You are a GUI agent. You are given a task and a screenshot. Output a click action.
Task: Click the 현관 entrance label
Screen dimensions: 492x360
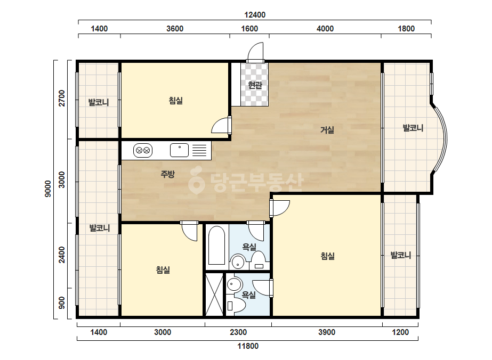[255, 85]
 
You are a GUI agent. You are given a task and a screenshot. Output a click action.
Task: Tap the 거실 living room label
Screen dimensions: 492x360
[327, 129]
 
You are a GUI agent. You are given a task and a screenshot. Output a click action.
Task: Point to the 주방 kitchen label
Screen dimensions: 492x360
[167, 174]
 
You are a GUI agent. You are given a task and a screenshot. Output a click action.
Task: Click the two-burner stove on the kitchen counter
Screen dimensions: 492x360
[143, 151]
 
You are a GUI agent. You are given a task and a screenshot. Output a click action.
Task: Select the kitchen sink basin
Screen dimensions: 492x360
[179, 150]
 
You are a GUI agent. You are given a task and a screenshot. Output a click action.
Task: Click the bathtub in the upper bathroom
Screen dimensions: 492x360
[216, 245]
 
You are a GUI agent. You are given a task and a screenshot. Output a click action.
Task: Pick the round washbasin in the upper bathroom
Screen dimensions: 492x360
[237, 262]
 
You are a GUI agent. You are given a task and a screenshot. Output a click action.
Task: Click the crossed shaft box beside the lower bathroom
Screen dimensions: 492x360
[214, 294]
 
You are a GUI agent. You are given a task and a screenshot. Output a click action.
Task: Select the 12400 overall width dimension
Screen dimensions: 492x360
[255, 15]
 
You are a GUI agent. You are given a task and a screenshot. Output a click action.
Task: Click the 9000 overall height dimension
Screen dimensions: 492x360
[48, 189]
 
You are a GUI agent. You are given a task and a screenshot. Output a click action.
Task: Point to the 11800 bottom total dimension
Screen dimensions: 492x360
[248, 346]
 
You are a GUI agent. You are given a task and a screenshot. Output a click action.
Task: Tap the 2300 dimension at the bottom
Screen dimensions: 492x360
[238, 332]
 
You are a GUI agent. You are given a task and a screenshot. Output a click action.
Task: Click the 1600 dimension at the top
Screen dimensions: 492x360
[249, 29]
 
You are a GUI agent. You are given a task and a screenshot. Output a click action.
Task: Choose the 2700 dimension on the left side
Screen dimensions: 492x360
[62, 98]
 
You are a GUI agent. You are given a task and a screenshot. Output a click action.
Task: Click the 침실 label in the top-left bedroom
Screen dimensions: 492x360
[176, 101]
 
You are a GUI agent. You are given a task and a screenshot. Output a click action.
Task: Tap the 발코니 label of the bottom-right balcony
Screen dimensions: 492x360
[401, 255]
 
